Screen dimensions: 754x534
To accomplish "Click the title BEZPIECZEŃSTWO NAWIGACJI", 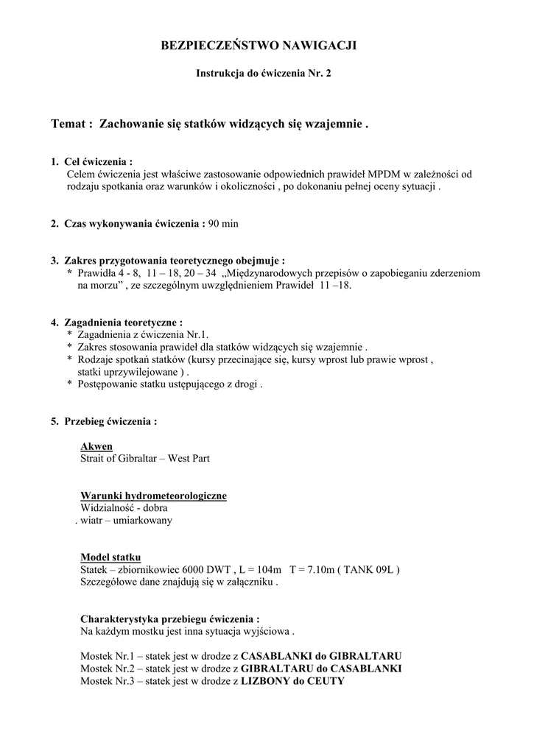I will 258,46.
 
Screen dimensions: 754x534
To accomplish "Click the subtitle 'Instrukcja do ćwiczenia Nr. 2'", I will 258,74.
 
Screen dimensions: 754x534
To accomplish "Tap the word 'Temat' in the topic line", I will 69,124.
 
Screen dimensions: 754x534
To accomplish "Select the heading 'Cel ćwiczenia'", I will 99,161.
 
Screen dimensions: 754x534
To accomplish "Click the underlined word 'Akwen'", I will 96,446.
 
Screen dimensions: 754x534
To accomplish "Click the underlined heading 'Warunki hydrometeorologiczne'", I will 153,496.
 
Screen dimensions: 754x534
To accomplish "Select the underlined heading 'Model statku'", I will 110,557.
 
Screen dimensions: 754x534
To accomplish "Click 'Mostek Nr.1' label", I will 108,655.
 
